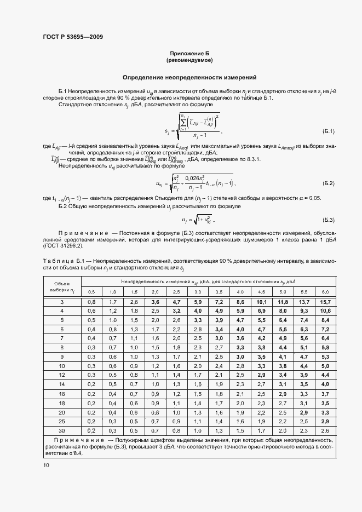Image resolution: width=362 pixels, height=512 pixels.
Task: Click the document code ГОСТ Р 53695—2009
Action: [73, 37]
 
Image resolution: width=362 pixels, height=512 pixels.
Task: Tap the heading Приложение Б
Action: [189, 53]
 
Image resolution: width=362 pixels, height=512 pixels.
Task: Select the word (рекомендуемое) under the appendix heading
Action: [189, 60]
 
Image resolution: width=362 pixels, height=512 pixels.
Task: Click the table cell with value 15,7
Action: [325, 302]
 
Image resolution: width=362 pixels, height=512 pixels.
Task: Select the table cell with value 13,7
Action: [304, 302]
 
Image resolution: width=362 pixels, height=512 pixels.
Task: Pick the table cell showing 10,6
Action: [325, 310]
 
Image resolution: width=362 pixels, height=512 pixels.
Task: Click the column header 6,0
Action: [325, 291]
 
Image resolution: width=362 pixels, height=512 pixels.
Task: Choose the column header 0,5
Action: [91, 291]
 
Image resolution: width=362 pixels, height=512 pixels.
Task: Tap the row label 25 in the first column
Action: [62, 422]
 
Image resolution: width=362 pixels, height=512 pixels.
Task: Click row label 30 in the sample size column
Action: [62, 430]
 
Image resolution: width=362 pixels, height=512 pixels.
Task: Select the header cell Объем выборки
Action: [62, 286]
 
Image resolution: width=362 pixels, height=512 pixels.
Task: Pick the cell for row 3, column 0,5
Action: [91, 302]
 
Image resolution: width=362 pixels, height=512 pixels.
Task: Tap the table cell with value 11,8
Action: [283, 302]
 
